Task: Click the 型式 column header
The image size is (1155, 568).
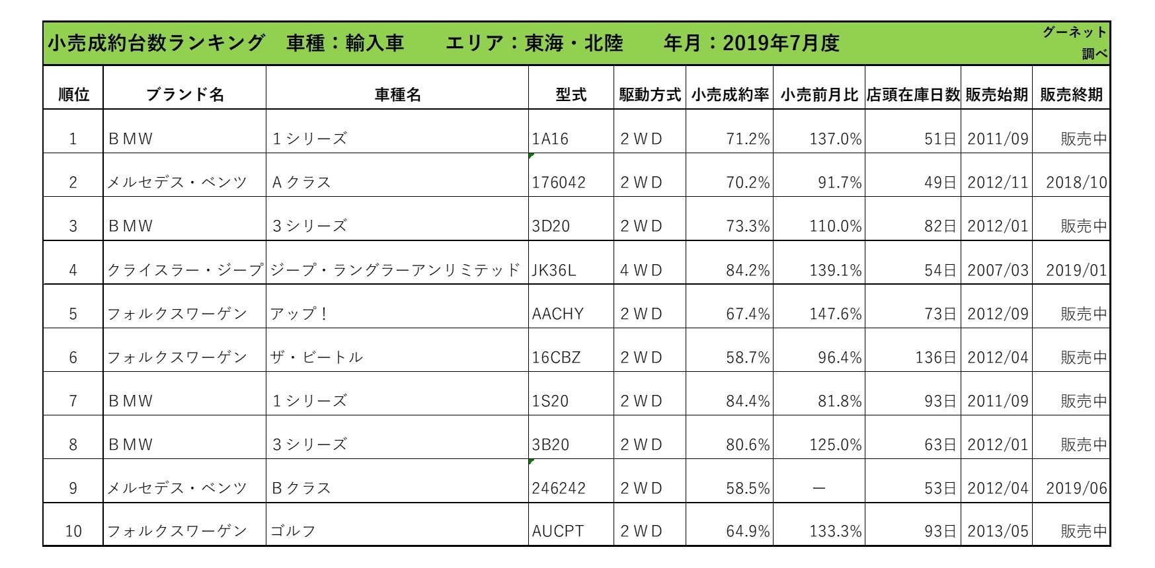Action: [571, 94]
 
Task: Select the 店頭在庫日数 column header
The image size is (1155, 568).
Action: [912, 94]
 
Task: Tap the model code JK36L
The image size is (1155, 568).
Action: [554, 270]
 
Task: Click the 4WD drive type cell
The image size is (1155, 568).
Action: [641, 270]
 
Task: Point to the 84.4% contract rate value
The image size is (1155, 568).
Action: [748, 401]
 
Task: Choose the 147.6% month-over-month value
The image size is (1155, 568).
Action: [836, 314]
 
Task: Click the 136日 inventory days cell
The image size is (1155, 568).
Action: [935, 357]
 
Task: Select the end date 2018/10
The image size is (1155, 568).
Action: [1076, 183]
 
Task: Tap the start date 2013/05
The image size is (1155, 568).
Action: [998, 532]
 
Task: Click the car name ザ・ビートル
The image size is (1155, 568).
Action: [317, 357]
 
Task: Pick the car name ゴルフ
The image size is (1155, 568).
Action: [293, 532]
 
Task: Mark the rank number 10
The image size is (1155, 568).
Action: [73, 532]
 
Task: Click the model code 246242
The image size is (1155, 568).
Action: [559, 488]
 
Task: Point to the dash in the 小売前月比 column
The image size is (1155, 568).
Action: [818, 488]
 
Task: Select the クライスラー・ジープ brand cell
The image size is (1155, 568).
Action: [185, 270]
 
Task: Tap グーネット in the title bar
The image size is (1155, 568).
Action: [1074, 32]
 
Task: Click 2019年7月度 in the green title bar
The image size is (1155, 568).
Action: [781, 44]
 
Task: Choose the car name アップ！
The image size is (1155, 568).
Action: [299, 314]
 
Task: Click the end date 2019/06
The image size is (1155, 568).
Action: [1076, 488]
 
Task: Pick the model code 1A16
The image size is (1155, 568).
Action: [549, 139]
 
